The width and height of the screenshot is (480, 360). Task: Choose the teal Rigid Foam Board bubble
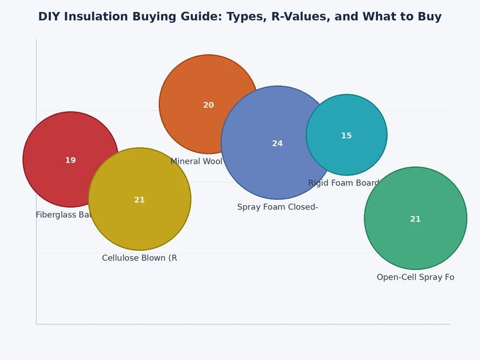354,120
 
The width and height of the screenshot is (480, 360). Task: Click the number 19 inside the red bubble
70,160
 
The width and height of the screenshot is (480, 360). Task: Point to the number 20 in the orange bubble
208,105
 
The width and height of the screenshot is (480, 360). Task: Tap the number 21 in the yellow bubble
139,200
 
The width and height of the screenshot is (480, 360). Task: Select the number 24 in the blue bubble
277,143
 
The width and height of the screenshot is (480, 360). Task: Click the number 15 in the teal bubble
346,136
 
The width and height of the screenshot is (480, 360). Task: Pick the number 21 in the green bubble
415,219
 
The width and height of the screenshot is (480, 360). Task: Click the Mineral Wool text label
196,161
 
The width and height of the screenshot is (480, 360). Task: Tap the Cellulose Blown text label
139,258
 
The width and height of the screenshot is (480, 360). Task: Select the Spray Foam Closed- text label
277,207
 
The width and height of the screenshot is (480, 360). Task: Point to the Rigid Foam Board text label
344,183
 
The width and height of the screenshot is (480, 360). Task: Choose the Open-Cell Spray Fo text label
415,277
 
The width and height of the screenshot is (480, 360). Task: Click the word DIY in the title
49,17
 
